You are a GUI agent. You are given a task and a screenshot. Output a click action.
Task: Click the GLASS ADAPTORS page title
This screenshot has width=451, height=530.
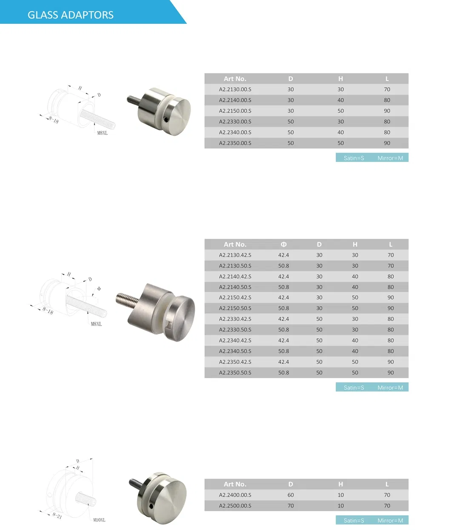[x=71, y=15]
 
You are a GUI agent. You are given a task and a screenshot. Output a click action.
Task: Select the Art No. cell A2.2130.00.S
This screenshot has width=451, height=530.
[x=235, y=89]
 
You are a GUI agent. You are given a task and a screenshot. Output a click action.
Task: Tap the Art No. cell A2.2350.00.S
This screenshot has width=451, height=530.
[x=235, y=143]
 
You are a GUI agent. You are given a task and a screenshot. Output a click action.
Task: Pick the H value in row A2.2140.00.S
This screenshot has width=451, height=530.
[x=340, y=100]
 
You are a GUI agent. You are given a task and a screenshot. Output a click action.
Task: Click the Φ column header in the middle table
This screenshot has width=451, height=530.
[x=283, y=245]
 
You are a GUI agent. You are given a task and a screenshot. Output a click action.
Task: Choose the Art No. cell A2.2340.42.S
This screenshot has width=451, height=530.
[x=235, y=340]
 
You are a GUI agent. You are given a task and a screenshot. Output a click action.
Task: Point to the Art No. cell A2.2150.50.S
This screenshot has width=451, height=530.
[x=235, y=308]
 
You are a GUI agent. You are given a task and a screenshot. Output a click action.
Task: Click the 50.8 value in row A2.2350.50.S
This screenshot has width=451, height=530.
[x=283, y=373]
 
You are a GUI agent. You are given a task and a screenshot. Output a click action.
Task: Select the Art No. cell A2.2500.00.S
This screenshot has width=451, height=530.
[x=235, y=506]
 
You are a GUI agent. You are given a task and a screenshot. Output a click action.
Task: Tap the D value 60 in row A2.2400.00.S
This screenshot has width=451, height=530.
[x=291, y=495]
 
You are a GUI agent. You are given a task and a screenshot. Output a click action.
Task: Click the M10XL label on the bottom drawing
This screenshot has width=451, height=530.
[x=99, y=520]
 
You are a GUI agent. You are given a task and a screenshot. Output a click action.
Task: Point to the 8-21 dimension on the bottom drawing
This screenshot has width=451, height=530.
[x=57, y=516]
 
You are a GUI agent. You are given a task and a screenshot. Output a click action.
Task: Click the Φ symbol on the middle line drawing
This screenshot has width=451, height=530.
[x=99, y=289]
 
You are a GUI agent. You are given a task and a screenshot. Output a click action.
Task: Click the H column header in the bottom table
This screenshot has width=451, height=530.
[x=340, y=484]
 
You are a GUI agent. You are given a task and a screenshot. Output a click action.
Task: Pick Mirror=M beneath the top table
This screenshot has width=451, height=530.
[x=390, y=158]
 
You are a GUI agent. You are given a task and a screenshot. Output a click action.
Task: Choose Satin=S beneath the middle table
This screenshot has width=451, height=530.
[x=354, y=388]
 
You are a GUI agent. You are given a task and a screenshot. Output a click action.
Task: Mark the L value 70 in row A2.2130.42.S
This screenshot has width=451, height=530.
[x=391, y=255]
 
